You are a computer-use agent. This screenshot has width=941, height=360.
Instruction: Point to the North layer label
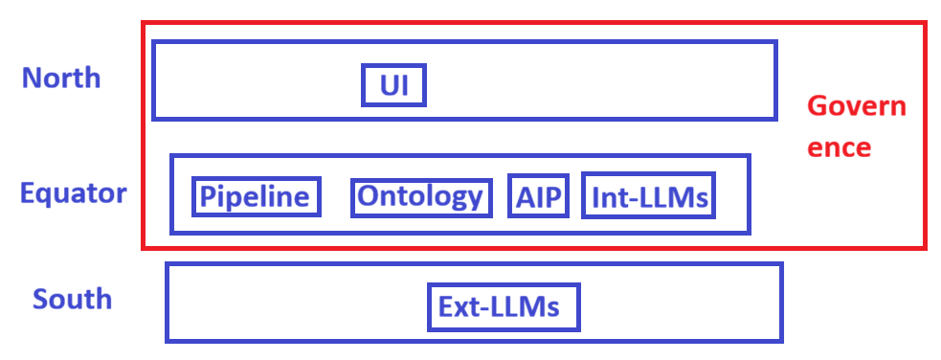coord(61,78)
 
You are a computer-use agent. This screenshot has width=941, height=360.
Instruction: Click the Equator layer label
coord(73,193)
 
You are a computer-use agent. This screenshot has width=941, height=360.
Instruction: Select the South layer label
coord(72,298)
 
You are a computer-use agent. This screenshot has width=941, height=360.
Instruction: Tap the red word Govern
coord(857,107)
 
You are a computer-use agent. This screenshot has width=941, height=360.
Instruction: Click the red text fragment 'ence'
coord(839,147)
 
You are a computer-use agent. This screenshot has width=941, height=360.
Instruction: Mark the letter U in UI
coord(390,86)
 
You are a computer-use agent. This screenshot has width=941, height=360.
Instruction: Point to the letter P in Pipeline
coord(207,197)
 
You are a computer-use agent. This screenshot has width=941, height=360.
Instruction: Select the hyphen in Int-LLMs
coord(626,199)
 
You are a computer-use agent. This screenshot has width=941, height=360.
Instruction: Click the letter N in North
coord(33,78)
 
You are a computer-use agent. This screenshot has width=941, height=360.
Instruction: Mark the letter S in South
coord(40,299)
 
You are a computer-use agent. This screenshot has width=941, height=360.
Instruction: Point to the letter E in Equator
coord(28,193)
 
